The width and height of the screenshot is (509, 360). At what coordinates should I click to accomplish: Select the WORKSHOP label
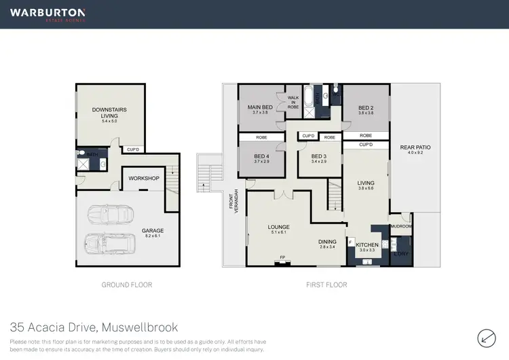tap(143, 179)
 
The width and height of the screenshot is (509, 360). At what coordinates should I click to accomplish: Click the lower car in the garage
tap(107, 243)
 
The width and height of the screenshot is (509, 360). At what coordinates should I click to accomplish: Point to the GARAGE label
tap(153, 231)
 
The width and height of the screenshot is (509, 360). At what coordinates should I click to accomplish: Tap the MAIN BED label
tap(261, 107)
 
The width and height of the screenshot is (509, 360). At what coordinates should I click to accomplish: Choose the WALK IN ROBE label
tap(293, 102)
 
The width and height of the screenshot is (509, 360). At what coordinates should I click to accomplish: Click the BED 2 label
tap(366, 107)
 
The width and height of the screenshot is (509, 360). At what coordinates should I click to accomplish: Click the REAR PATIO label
tap(415, 147)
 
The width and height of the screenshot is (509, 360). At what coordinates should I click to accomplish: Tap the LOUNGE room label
tap(279, 227)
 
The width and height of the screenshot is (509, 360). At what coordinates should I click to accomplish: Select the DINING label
tap(328, 242)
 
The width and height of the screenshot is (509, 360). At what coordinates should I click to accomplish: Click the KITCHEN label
tap(367, 245)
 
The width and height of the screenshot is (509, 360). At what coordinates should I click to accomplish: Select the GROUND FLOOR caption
tap(126, 285)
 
